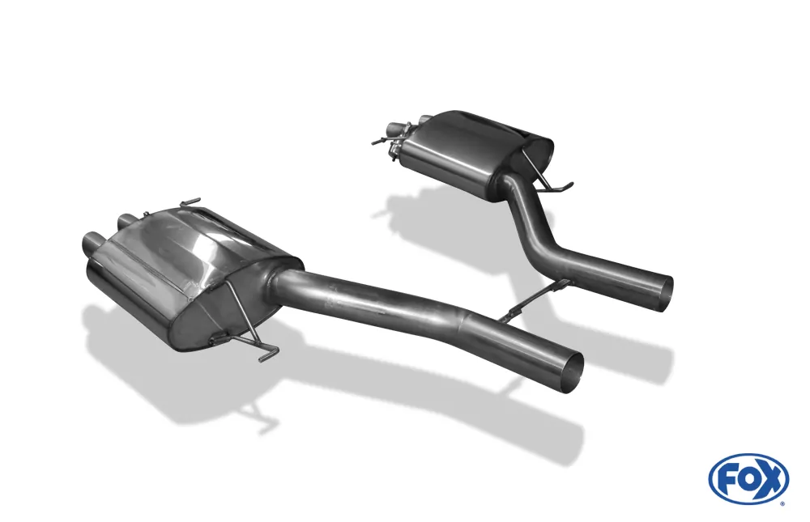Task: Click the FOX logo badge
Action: pyautogui.click(x=748, y=478)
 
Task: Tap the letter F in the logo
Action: pyautogui.click(x=727, y=478)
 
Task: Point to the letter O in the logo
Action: pyautogui.click(x=748, y=478)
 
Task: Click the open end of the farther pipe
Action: pyautogui.click(x=663, y=289)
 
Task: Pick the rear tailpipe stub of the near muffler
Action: pyautogui.click(x=127, y=220)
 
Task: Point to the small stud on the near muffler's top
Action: pyautogui.click(x=146, y=214)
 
